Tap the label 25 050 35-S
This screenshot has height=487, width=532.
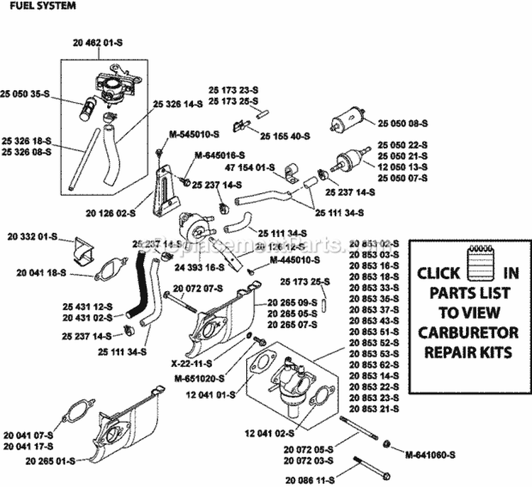(26, 93)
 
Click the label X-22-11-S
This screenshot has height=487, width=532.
(192, 362)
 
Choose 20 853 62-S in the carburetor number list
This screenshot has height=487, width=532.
(374, 363)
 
